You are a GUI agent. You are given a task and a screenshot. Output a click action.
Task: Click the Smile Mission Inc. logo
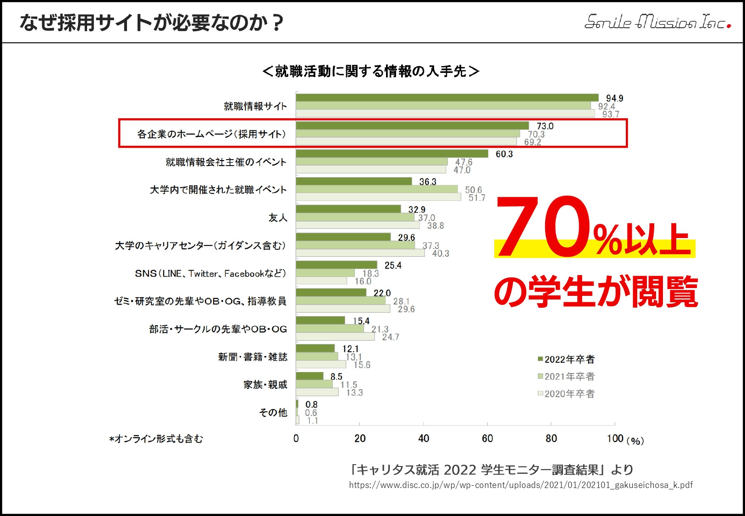click(657, 22)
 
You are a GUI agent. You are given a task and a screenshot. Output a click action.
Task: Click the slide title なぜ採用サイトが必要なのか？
click(151, 22)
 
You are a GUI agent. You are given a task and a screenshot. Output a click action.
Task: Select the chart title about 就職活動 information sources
click(371, 72)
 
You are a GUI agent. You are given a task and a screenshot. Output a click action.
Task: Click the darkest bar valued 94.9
click(447, 98)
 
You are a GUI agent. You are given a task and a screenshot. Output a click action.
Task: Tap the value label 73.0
click(545, 126)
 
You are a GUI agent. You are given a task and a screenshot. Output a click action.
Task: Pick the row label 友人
click(278, 218)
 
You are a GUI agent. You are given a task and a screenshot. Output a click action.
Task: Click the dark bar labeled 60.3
click(392, 154)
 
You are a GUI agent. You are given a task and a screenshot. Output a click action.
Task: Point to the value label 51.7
click(476, 198)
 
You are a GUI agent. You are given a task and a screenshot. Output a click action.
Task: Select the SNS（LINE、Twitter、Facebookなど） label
click(210, 273)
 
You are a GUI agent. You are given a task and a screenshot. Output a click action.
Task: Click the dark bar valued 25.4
click(337, 265)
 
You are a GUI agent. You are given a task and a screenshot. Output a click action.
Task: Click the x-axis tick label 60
click(487, 438)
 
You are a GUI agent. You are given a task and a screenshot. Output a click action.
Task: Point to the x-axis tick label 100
click(615, 438)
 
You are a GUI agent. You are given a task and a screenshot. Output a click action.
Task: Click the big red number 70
click(543, 227)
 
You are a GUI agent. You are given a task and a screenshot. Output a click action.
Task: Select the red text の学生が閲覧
click(596, 292)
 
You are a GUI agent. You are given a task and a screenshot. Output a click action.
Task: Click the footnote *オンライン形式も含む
click(156, 439)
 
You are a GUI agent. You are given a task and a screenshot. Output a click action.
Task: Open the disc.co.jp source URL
click(520, 485)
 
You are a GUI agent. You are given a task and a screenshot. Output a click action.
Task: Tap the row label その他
click(273, 412)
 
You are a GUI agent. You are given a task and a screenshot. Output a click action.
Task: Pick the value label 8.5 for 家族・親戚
click(336, 377)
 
